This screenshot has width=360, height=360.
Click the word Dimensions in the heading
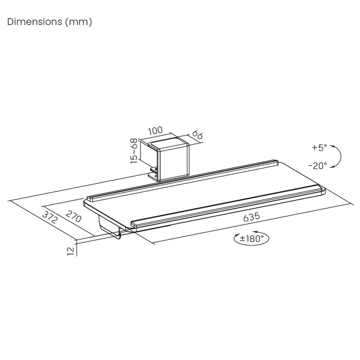click(x=34, y=22)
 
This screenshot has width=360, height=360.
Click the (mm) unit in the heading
click(x=78, y=22)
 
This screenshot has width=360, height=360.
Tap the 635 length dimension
click(x=251, y=217)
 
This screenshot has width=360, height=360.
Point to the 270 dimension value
click(x=73, y=216)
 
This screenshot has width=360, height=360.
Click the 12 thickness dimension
click(x=71, y=251)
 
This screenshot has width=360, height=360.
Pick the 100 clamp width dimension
click(x=155, y=130)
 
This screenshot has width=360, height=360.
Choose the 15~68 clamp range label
click(x=134, y=151)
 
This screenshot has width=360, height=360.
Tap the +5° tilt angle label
click(x=319, y=147)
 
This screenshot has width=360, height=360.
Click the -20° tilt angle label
click(x=317, y=165)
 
